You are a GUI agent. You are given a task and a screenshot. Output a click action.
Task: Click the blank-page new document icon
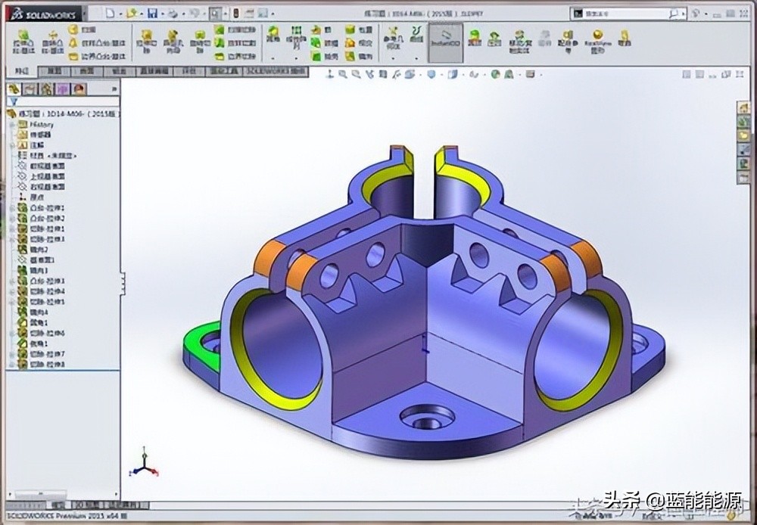pyautogui.click(x=111, y=13)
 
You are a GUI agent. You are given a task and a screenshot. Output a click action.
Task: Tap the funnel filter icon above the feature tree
pyautogui.click(x=13, y=101)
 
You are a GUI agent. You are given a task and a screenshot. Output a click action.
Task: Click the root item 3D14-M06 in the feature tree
pyautogui.click(x=64, y=113)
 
